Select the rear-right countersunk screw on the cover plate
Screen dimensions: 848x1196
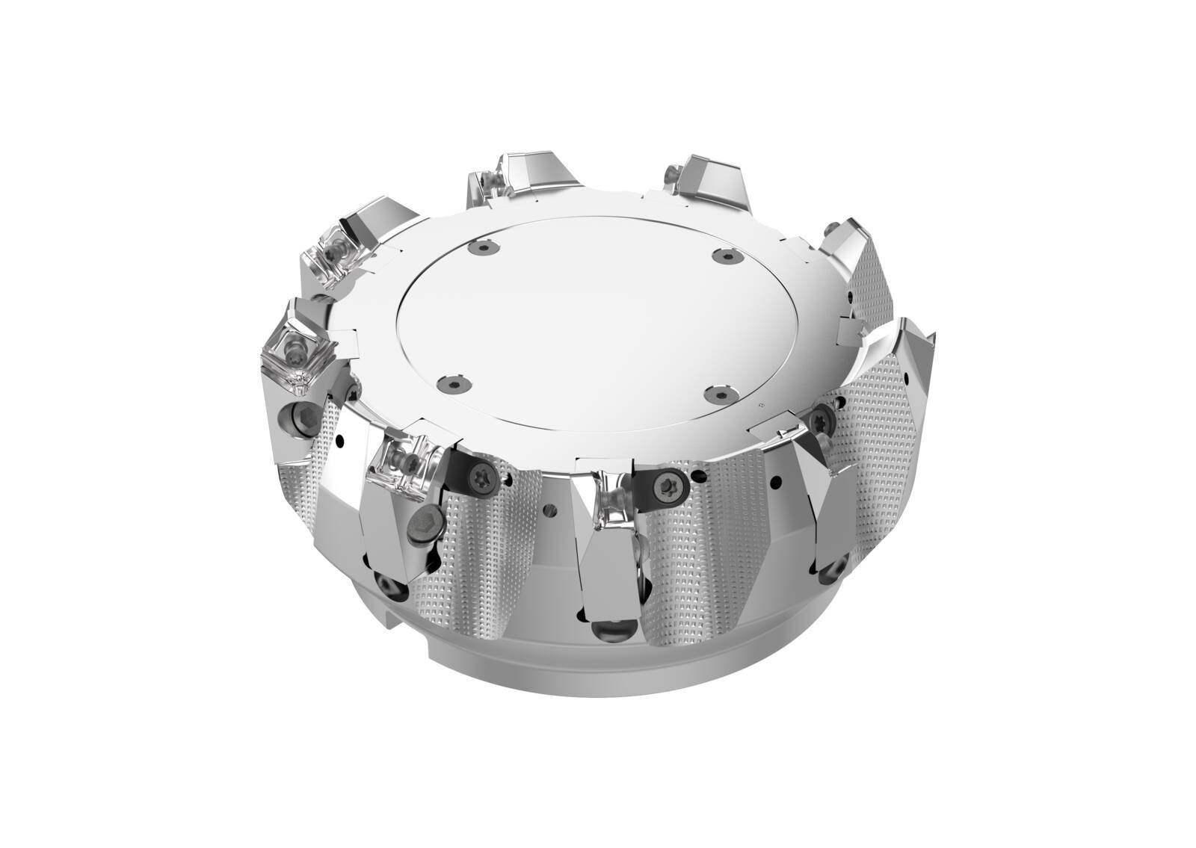(x=722, y=256)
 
